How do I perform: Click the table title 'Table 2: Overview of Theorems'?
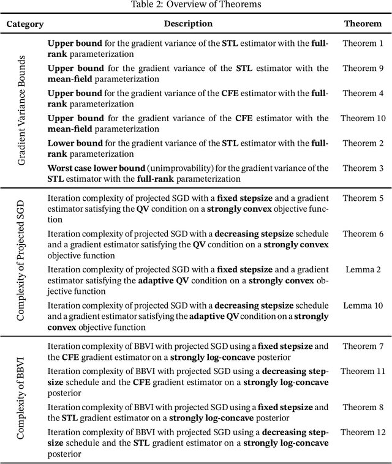(196, 5)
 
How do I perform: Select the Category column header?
(25, 24)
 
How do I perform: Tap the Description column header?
(188, 24)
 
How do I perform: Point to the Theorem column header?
(363, 24)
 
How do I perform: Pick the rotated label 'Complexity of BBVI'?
(21, 400)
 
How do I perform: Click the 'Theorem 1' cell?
(363, 43)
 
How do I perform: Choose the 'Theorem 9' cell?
(363, 69)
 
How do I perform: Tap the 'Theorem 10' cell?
(363, 118)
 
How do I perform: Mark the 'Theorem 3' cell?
(363, 168)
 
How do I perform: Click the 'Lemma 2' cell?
(363, 270)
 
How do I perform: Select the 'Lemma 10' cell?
(363, 305)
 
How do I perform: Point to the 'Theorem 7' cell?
(363, 346)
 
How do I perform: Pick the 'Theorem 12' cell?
(363, 432)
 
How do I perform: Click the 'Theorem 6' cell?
(363, 234)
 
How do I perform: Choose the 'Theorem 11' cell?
(363, 372)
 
